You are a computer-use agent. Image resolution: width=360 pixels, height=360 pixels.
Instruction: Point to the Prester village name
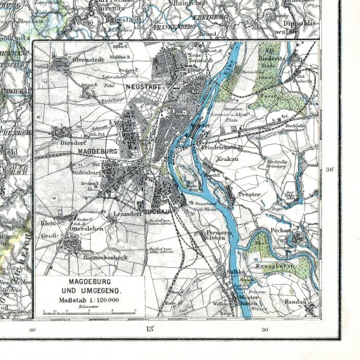pos(250,193)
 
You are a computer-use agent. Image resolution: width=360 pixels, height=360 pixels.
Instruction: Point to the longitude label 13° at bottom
pos(149,329)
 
